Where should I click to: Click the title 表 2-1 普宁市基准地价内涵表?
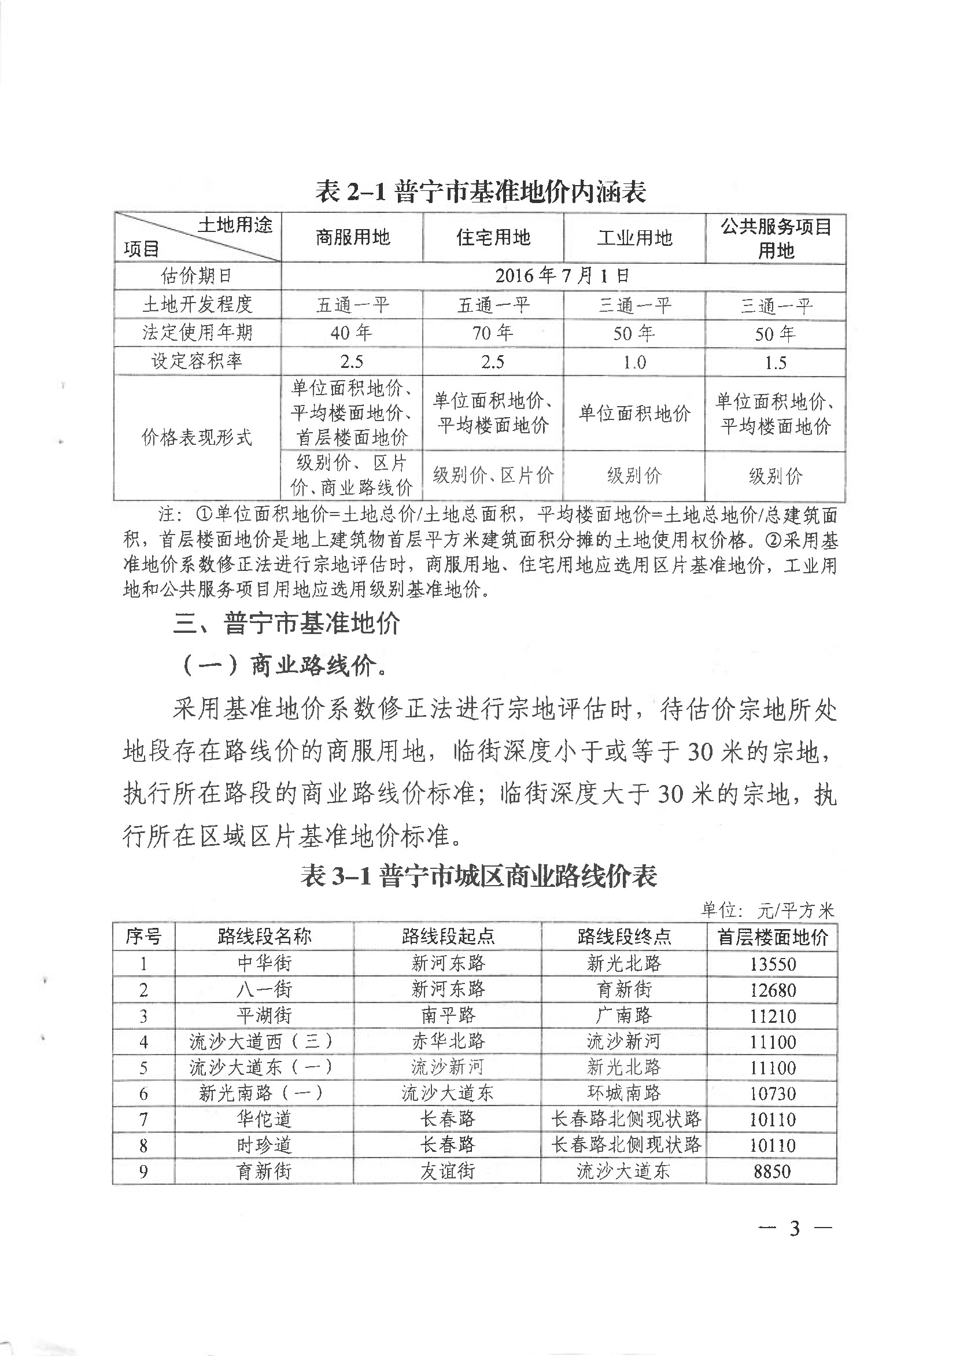pyautogui.click(x=480, y=192)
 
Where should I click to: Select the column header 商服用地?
pyautogui.click(x=352, y=238)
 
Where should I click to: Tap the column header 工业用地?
pyautogui.click(x=634, y=238)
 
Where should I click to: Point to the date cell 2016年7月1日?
pyautogui.click(x=563, y=275)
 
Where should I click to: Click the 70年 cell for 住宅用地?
pyautogui.click(x=492, y=334)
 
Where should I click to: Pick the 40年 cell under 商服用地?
pyautogui.click(x=352, y=334)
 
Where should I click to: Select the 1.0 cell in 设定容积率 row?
pyautogui.click(x=634, y=362)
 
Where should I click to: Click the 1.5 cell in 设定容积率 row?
pyautogui.click(x=775, y=363)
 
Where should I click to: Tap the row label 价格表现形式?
pyautogui.click(x=197, y=437)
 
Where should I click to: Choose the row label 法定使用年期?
pyautogui.click(x=197, y=333)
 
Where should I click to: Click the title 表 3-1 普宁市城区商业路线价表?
pyautogui.click(x=479, y=876)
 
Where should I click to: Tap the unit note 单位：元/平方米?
pyautogui.click(x=767, y=910)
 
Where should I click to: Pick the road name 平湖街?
pyautogui.click(x=264, y=1016)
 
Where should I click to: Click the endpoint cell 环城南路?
pyautogui.click(x=623, y=1093)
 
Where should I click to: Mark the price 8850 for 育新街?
pyautogui.click(x=772, y=1171)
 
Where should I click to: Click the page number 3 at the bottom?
pyautogui.click(x=795, y=1229)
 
